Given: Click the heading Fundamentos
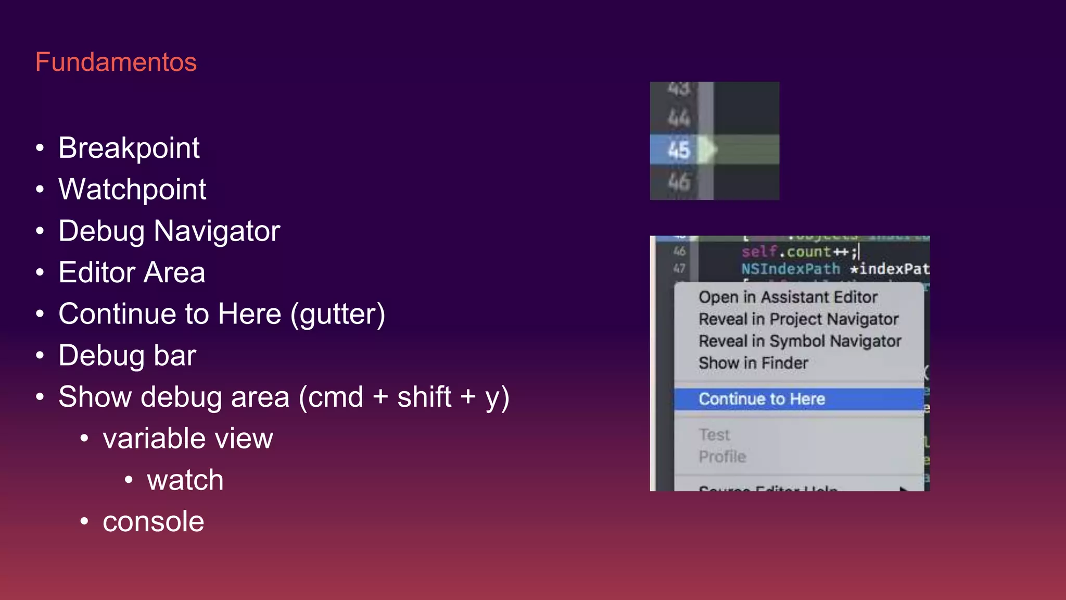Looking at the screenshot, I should (116, 63).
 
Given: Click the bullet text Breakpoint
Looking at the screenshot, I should (129, 148).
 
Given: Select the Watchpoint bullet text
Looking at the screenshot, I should (132, 190).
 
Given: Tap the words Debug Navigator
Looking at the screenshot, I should (169, 231).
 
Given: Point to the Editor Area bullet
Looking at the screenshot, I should (132, 273).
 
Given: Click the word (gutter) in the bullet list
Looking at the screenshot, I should (337, 315).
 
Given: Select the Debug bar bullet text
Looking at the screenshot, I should (127, 356).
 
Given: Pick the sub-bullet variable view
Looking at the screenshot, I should (187, 439).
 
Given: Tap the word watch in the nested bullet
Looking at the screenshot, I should (185, 480).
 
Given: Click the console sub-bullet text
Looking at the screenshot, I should (153, 522).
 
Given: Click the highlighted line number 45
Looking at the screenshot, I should (679, 150).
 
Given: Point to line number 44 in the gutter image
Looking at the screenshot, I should (679, 119).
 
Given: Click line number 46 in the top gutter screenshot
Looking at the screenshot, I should (679, 182).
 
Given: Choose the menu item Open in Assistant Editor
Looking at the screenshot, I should (788, 297).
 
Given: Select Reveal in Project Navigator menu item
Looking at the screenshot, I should (798, 319).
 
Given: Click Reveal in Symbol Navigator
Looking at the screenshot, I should (799, 341).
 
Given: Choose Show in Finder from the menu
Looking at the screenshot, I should (753, 363).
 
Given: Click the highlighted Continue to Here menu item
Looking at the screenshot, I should (762, 399).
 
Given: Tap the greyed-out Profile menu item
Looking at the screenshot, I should (722, 457).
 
